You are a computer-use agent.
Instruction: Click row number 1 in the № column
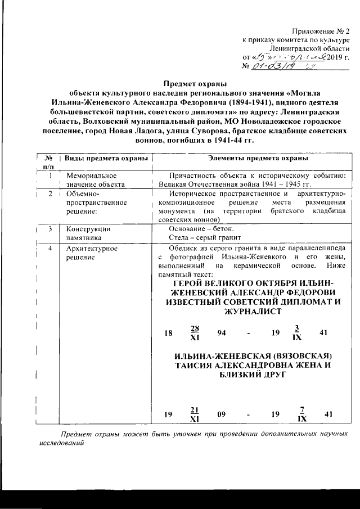coord(51,176)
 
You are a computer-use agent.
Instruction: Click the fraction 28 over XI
coord(196,333)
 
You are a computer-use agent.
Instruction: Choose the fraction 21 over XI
coord(195,414)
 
